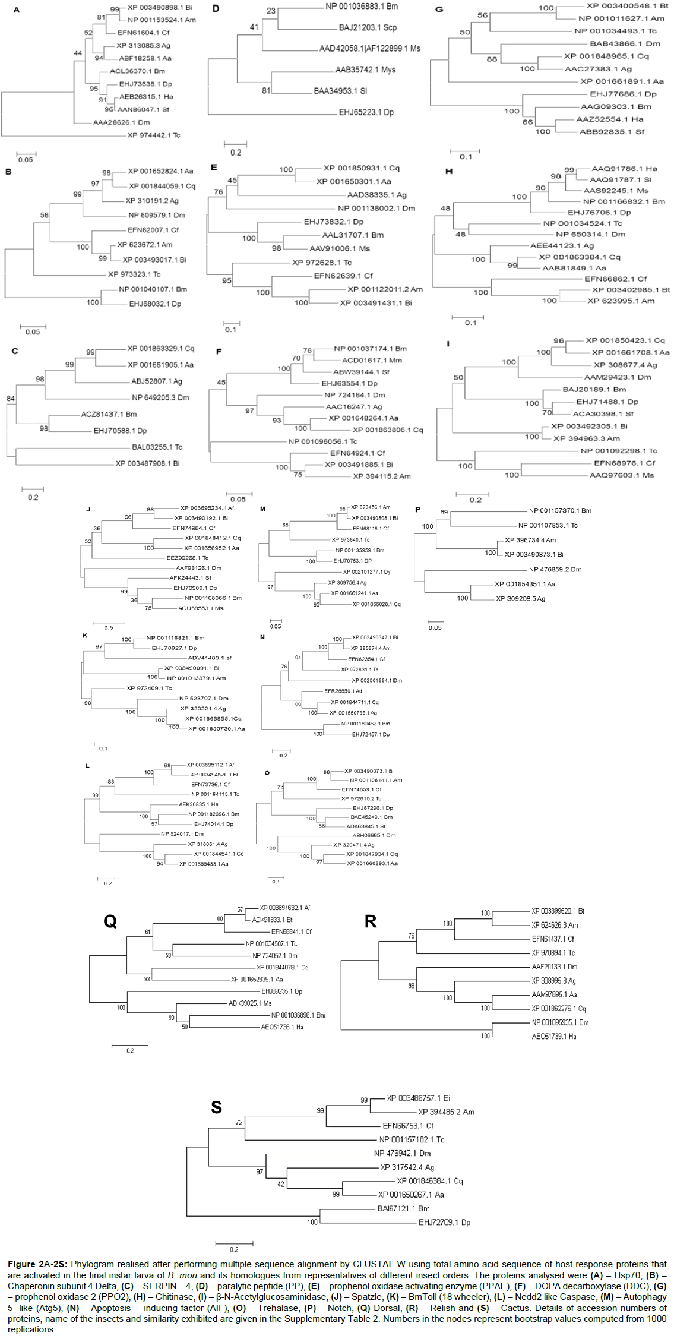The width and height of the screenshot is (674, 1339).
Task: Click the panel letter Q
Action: pyautogui.click(x=110, y=921)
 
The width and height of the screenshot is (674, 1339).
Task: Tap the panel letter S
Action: pyautogui.click(x=216, y=1107)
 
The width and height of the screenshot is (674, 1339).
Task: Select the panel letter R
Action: pyautogui.click(x=371, y=921)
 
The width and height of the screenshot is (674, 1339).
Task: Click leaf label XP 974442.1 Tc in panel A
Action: pyautogui.click(x=154, y=135)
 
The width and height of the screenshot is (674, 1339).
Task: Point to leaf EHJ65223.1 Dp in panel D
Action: pyautogui.click(x=366, y=112)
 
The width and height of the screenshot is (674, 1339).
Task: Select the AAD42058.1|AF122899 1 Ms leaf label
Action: pyautogui.click(x=369, y=49)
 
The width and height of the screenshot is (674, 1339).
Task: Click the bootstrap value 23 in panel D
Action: pyautogui.click(x=271, y=11)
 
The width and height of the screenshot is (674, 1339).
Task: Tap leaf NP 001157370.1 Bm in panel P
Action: pyautogui.click(x=560, y=511)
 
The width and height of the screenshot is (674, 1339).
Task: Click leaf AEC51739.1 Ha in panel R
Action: pyautogui.click(x=553, y=1037)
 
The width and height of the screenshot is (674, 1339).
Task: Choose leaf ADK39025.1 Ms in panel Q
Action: pyautogui.click(x=250, y=1003)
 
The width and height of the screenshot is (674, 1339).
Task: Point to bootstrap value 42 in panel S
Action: pyautogui.click(x=281, y=1184)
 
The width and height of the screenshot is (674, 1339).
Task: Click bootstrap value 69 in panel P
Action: pyautogui.click(x=444, y=513)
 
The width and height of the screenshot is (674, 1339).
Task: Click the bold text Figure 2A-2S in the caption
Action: pyautogui.click(x=38, y=1264)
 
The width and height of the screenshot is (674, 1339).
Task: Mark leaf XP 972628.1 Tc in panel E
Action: pyautogui.click(x=321, y=263)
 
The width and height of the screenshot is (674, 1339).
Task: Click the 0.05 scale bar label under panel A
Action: pyautogui.click(x=26, y=160)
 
